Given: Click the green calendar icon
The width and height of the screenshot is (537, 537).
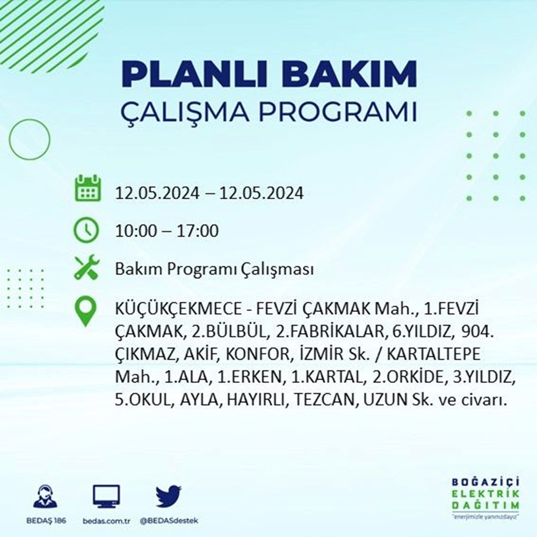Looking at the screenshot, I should [x=86, y=189].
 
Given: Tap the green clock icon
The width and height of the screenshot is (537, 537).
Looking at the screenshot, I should [x=86, y=230].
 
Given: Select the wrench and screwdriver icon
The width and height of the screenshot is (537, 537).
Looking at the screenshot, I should [x=86, y=268].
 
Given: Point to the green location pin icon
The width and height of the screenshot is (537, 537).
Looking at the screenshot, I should [x=86, y=312].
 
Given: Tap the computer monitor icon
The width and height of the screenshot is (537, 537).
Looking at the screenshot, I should [x=106, y=497].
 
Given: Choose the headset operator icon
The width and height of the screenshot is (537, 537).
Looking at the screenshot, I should [x=45, y=497].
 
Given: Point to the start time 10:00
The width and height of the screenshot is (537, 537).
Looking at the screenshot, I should [x=135, y=231].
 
